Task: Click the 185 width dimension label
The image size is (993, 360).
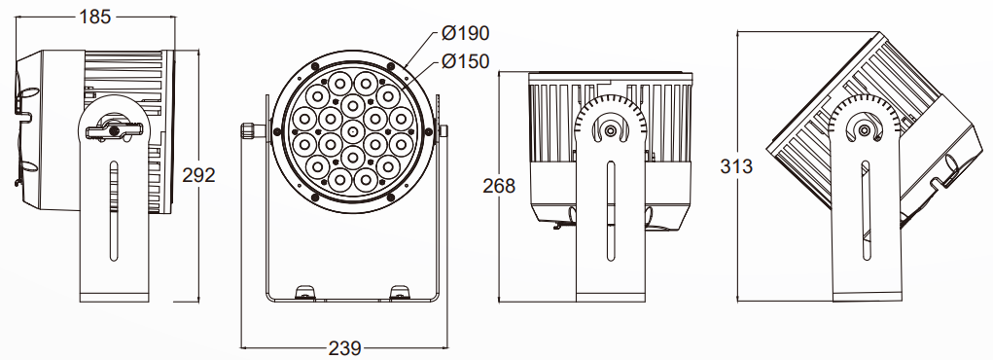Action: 95,17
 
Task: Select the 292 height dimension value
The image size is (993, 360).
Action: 198,175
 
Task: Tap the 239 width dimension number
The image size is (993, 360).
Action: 344,348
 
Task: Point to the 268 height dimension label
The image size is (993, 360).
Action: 499,187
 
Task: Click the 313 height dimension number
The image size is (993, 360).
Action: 736,166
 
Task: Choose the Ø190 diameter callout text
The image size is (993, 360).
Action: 466,33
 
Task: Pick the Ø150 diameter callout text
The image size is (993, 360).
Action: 466,61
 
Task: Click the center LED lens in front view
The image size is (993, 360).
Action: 353,130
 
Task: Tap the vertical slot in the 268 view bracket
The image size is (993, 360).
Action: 610,210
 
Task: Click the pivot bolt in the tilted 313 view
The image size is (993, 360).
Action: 864,130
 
